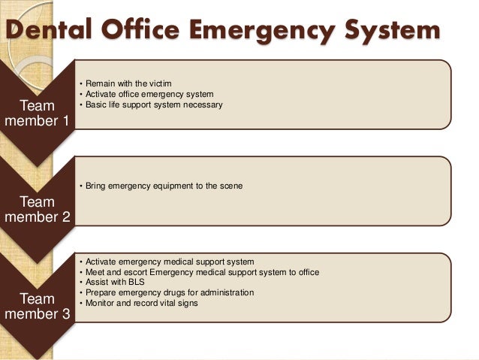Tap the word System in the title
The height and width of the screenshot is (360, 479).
(x=391, y=31)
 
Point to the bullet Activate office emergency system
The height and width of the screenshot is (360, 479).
(x=149, y=94)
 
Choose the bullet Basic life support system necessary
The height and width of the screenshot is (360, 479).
(x=153, y=105)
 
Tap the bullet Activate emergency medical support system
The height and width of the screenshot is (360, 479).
(x=169, y=261)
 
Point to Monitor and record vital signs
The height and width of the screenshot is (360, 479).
(x=147, y=303)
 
